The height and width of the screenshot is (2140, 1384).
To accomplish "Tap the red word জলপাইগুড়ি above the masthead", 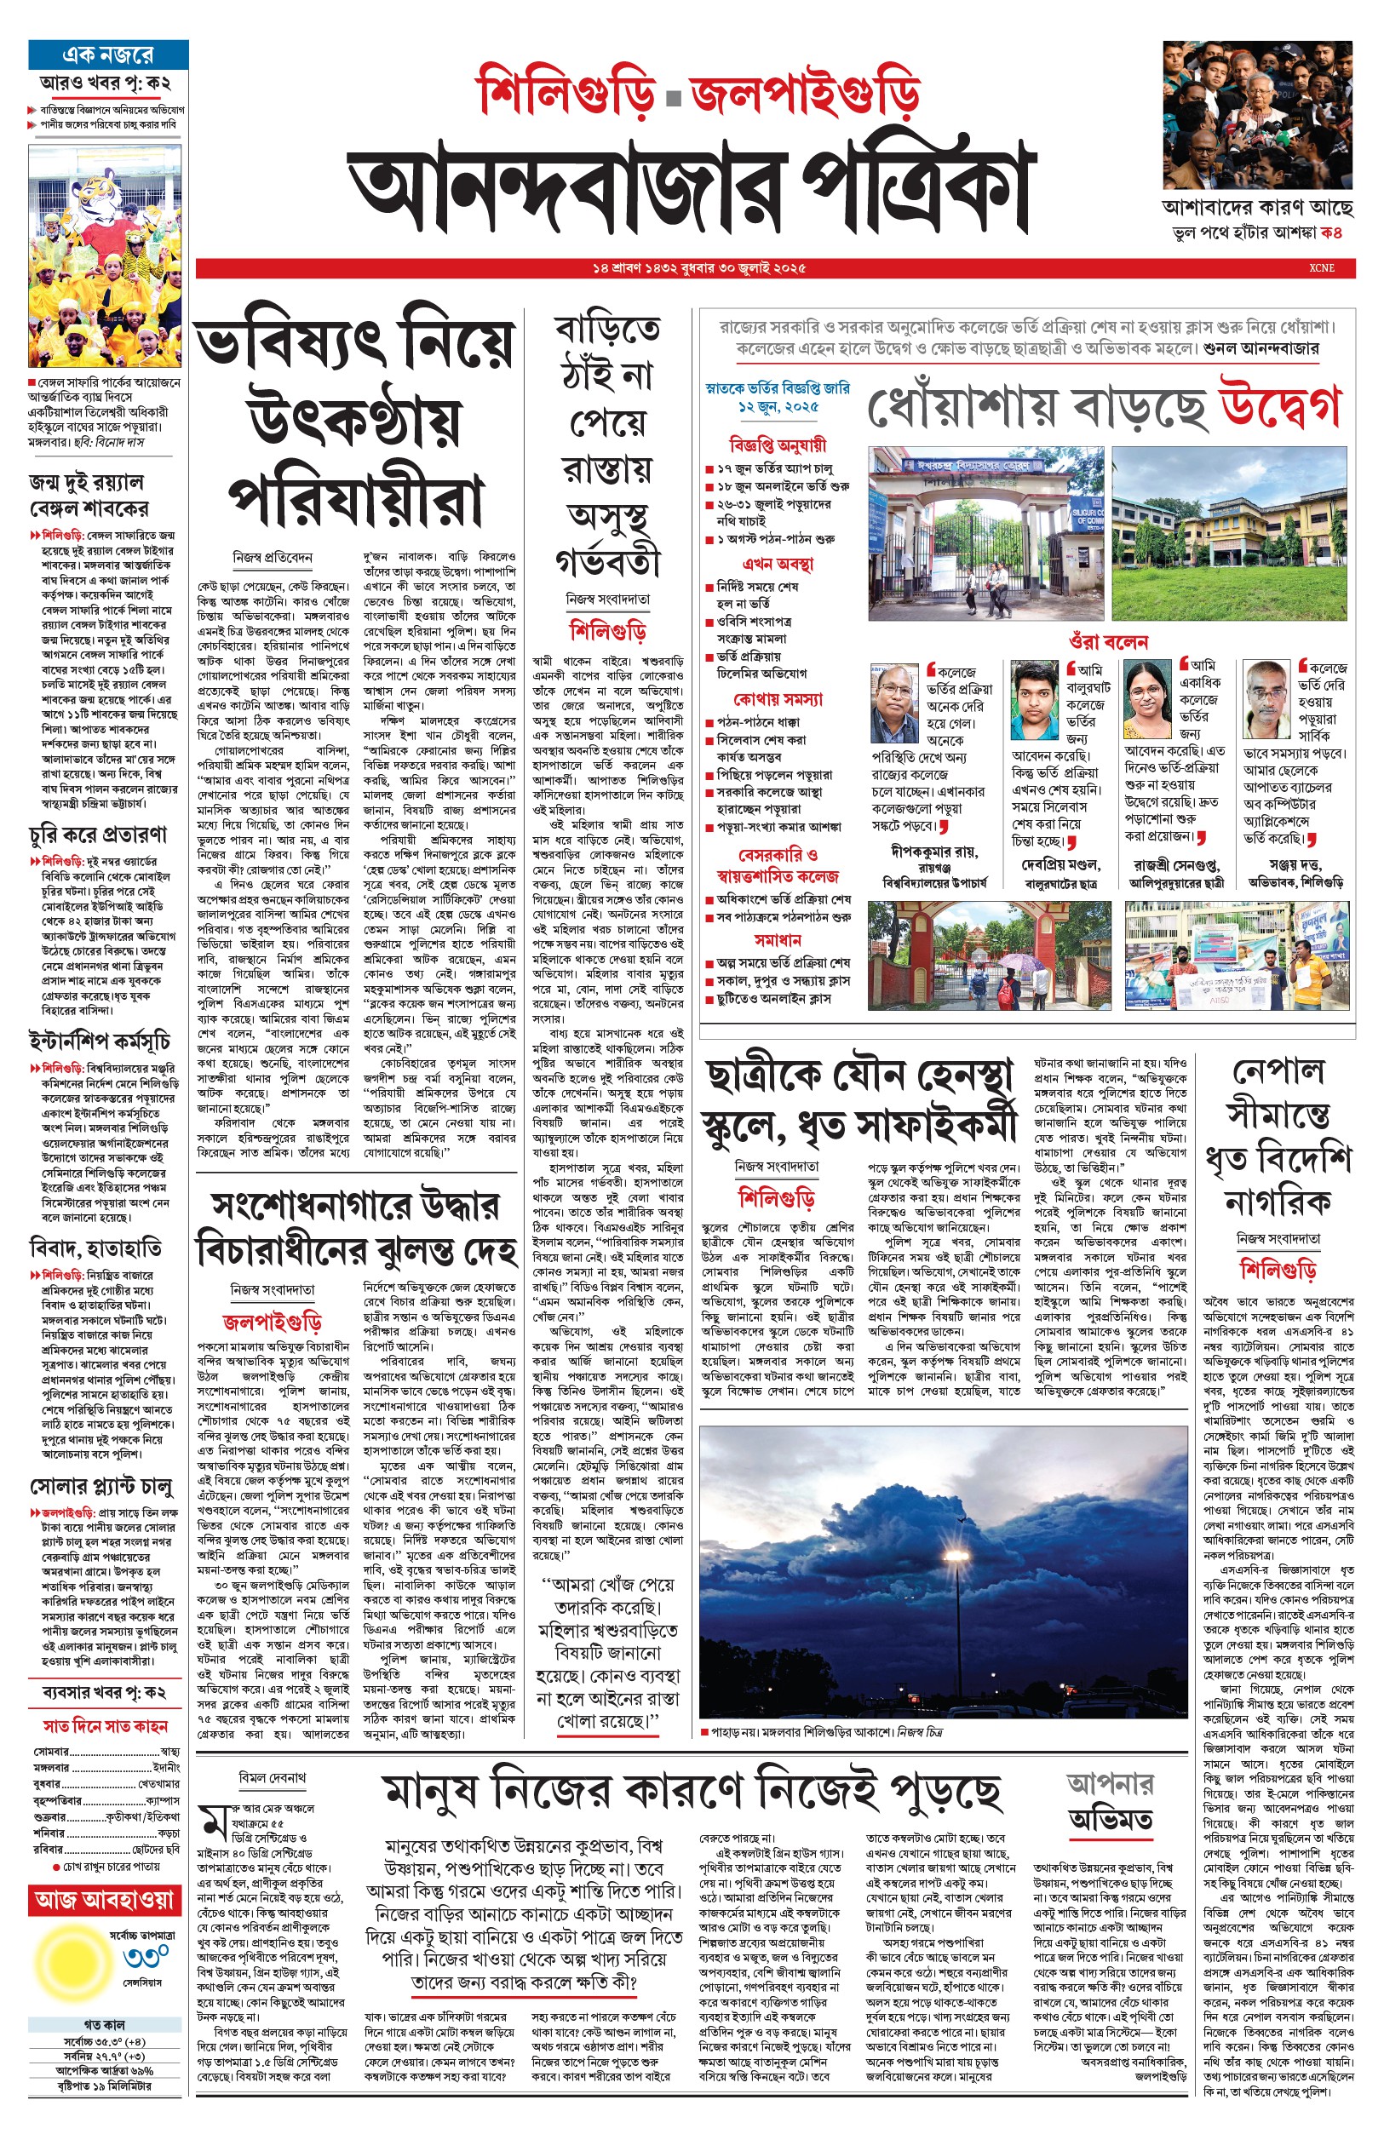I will pos(805,89).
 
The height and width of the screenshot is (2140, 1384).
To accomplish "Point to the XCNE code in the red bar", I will pos(1321,267).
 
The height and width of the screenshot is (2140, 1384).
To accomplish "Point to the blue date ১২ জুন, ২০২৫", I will pos(778,407).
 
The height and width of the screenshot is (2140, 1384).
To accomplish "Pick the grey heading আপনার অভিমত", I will pos(1111,1800).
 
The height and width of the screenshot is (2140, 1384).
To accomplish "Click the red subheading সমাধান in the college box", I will pos(778,940).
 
